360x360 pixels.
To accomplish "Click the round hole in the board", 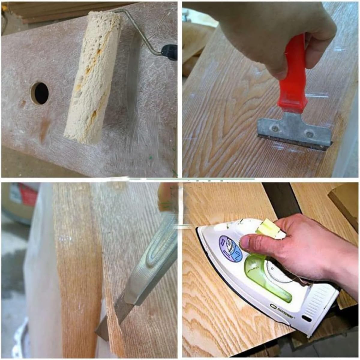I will tap(40, 93).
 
